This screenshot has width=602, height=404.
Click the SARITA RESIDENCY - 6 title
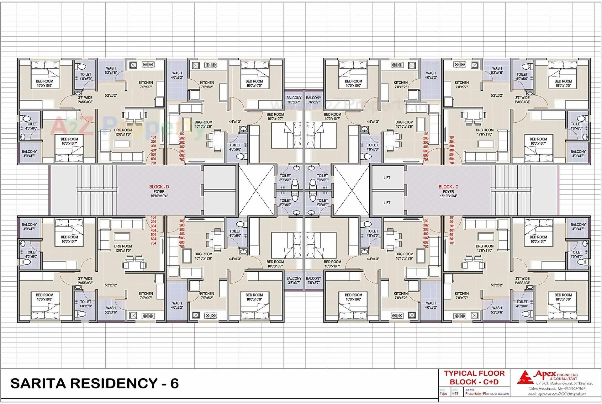click(x=94, y=383)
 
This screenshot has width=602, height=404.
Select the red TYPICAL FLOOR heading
click(x=474, y=374)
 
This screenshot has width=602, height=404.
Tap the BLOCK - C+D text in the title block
click(x=474, y=382)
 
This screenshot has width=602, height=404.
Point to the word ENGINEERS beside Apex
click(x=567, y=375)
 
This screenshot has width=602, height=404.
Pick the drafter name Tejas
click(x=443, y=394)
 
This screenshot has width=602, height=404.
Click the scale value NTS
click(x=455, y=394)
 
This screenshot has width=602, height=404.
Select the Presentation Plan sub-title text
click(x=477, y=394)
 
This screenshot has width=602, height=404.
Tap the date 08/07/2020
click(x=503, y=394)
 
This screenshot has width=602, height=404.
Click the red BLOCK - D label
click(x=159, y=187)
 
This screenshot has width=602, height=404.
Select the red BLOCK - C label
click(x=448, y=187)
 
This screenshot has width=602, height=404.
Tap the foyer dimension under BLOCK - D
click(x=159, y=196)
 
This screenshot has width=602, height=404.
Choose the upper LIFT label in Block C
click(x=387, y=178)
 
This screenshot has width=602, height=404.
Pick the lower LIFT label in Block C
click(x=387, y=203)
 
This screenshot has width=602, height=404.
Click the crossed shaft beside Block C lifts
click(x=351, y=190)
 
